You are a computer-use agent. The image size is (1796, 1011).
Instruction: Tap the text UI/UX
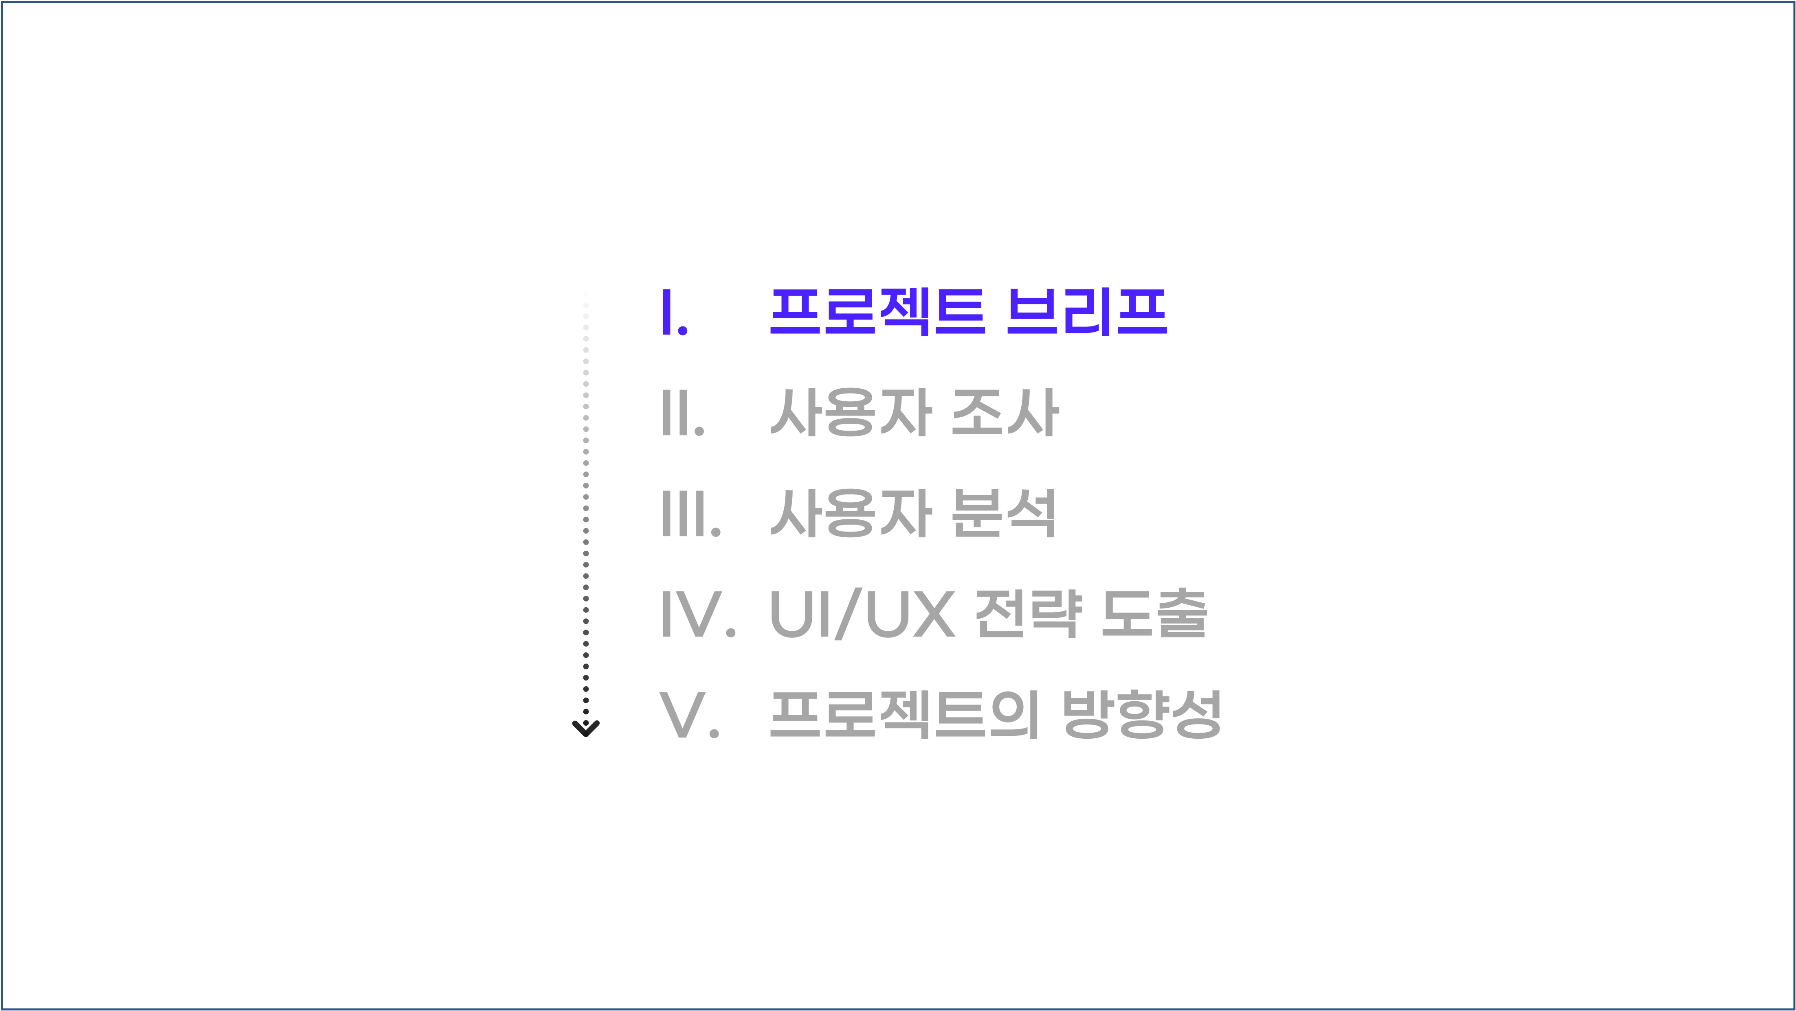coord(862,614)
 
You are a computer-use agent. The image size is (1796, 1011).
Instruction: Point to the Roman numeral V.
coord(683,715)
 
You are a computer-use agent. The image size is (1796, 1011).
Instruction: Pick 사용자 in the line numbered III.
coord(851,514)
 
